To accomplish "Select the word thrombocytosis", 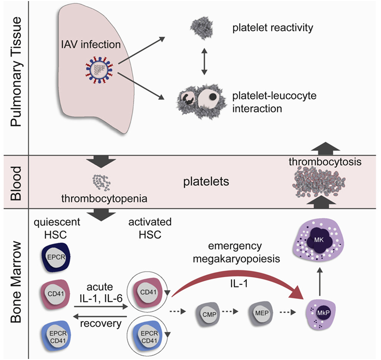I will [x=324, y=163].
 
